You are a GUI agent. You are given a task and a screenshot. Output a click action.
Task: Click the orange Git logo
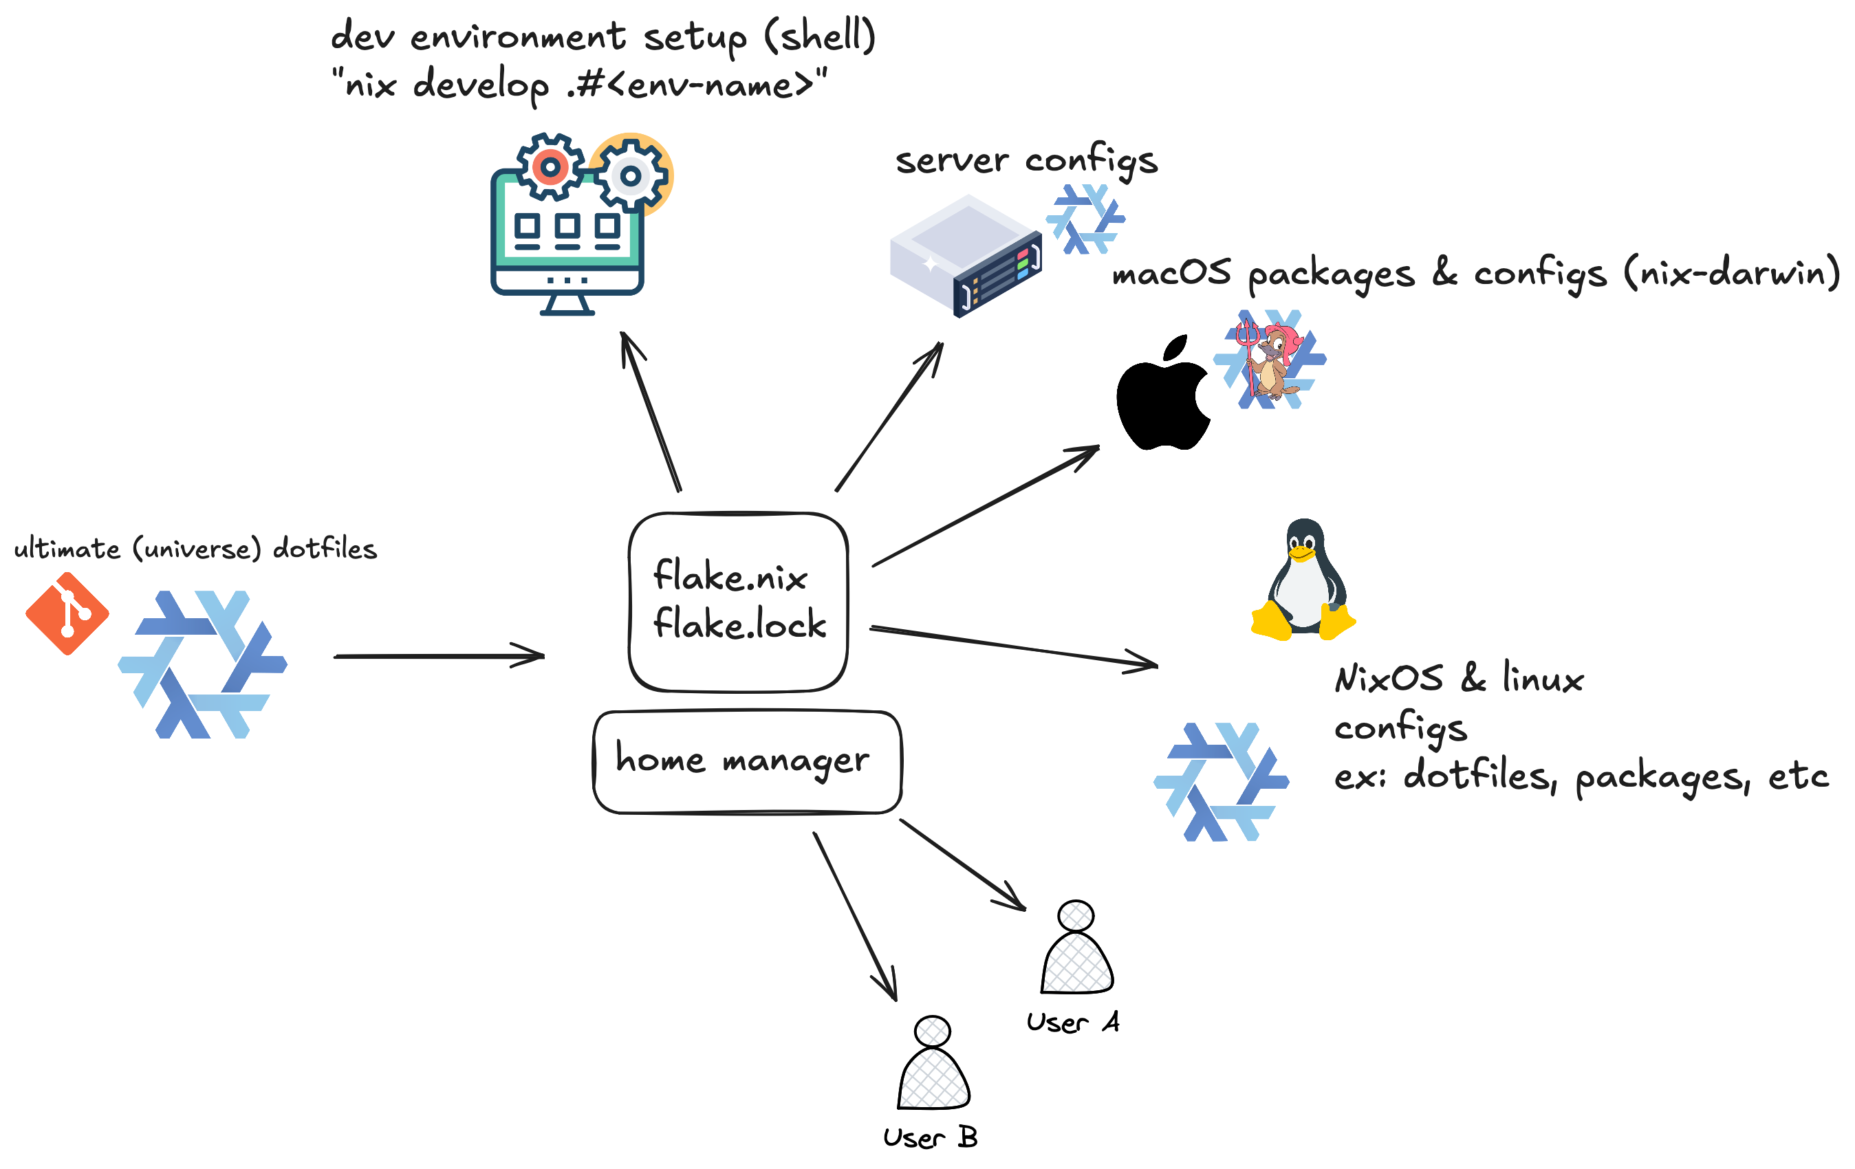click(x=67, y=614)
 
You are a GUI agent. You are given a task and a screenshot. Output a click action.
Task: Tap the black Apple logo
click(x=1162, y=397)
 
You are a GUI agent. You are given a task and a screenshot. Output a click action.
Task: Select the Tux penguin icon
click(x=1303, y=579)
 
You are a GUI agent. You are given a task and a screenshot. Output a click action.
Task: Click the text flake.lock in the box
click(x=739, y=624)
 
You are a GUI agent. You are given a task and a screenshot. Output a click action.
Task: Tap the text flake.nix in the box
click(x=730, y=576)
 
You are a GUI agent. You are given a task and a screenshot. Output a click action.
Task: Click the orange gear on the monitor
click(x=550, y=166)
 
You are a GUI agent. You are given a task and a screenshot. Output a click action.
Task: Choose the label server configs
click(x=1026, y=160)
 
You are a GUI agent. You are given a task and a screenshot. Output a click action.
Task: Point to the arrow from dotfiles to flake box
click(x=439, y=656)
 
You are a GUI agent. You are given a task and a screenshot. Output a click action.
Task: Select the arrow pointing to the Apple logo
click(x=986, y=506)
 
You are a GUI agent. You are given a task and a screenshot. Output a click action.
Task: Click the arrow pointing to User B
click(x=855, y=917)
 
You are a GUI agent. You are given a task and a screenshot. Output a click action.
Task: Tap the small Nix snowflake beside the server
click(x=1085, y=219)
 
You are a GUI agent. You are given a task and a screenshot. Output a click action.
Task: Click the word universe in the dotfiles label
click(x=197, y=549)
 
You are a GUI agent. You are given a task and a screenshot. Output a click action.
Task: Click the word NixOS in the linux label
click(x=1389, y=679)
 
